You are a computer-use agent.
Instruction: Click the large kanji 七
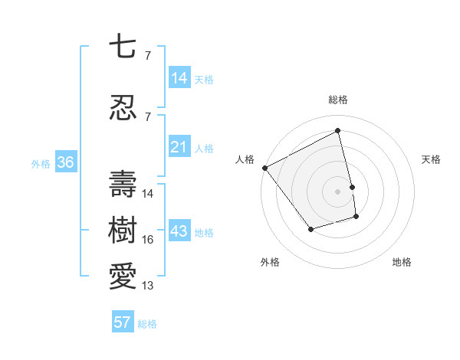click(x=123, y=47)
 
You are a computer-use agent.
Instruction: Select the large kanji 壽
click(x=123, y=185)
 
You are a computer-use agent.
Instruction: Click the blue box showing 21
click(x=179, y=147)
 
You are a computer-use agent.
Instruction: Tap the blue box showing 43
click(x=179, y=232)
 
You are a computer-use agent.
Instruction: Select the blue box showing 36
click(x=65, y=162)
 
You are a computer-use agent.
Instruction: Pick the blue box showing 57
click(x=122, y=322)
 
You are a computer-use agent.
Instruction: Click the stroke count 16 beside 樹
click(x=148, y=240)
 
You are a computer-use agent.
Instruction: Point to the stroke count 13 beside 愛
click(x=148, y=286)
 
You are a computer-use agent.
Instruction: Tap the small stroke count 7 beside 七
click(x=147, y=56)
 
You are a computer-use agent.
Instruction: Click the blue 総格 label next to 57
click(x=147, y=324)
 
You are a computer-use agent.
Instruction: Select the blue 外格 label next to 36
click(x=41, y=163)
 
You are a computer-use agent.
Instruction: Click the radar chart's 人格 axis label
click(x=245, y=159)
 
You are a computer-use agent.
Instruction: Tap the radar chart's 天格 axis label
click(x=431, y=159)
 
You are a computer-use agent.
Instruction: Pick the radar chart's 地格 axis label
click(x=402, y=262)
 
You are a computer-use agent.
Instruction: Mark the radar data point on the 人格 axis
click(x=264, y=168)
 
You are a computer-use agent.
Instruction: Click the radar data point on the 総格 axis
click(x=337, y=130)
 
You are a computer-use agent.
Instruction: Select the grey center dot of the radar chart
click(x=337, y=191)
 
